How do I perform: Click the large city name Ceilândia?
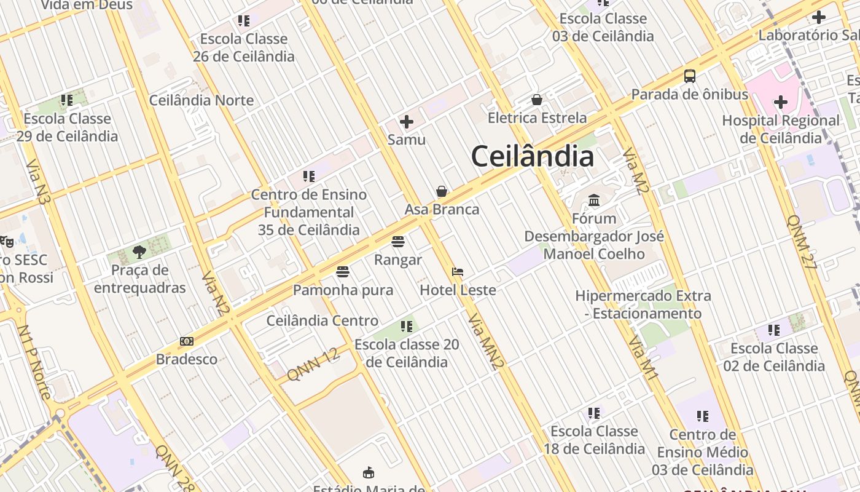pyautogui.click(x=532, y=156)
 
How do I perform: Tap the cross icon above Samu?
pyautogui.click(x=407, y=122)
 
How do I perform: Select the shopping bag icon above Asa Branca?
pyautogui.click(x=442, y=191)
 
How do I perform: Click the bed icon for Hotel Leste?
pyautogui.click(x=458, y=272)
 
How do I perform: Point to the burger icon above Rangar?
pyautogui.click(x=398, y=242)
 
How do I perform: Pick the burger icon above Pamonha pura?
pyautogui.click(x=343, y=272)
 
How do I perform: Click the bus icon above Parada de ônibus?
pyautogui.click(x=690, y=76)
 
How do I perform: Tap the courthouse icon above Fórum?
pyautogui.click(x=594, y=200)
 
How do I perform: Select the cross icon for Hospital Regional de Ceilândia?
pyautogui.click(x=781, y=101)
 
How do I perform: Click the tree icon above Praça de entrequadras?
pyautogui.click(x=139, y=252)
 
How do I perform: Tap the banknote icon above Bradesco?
pyautogui.click(x=187, y=341)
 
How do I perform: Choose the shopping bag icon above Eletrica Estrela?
pyautogui.click(x=537, y=100)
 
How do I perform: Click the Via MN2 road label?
pyautogui.click(x=486, y=342)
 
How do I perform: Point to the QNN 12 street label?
pyautogui.click(x=313, y=364)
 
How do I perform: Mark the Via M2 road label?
pyautogui.click(x=636, y=170)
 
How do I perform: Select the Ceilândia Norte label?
pyautogui.click(x=201, y=100)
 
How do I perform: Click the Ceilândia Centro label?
pyautogui.click(x=322, y=321)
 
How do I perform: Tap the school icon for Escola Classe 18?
pyautogui.click(x=593, y=413)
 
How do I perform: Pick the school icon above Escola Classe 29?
pyautogui.click(x=67, y=100)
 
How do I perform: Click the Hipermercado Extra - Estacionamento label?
pyautogui.click(x=643, y=304)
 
